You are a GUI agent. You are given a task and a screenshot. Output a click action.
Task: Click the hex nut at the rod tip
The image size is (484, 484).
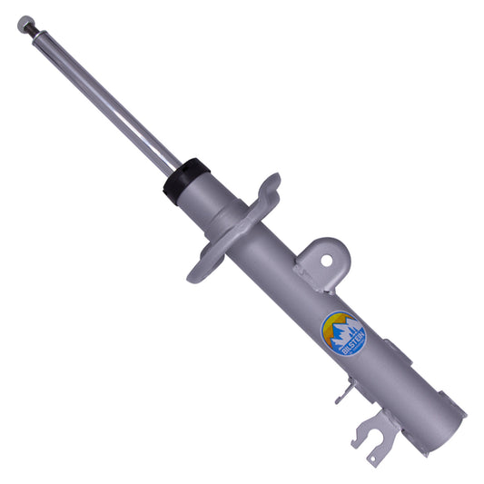pos(25,20)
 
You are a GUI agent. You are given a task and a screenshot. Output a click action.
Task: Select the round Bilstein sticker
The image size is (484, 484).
pos(344,335)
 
